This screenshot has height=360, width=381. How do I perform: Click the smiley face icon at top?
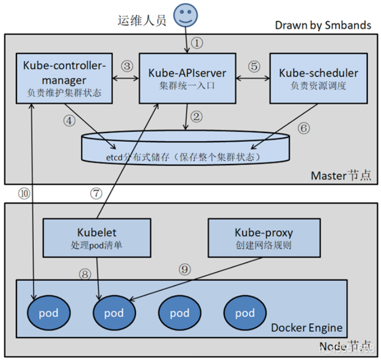pyautogui.click(x=186, y=15)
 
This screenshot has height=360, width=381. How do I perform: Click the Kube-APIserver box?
pyautogui.click(x=187, y=78)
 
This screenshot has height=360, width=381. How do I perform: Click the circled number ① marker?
pyautogui.click(x=197, y=42)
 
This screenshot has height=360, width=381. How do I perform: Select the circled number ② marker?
pyautogui.click(x=196, y=116)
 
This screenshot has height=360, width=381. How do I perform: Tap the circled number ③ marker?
pyautogui.click(x=127, y=66)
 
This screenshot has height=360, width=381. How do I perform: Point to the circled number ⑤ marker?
pyautogui.click(x=254, y=66)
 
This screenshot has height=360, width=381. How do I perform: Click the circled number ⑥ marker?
pyautogui.click(x=304, y=128)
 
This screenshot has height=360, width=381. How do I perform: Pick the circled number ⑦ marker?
pyautogui.click(x=96, y=193)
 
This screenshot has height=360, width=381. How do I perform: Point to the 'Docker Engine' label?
pyautogui.click(x=307, y=328)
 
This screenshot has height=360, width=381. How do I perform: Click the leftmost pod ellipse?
pyautogui.click(x=49, y=313)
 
